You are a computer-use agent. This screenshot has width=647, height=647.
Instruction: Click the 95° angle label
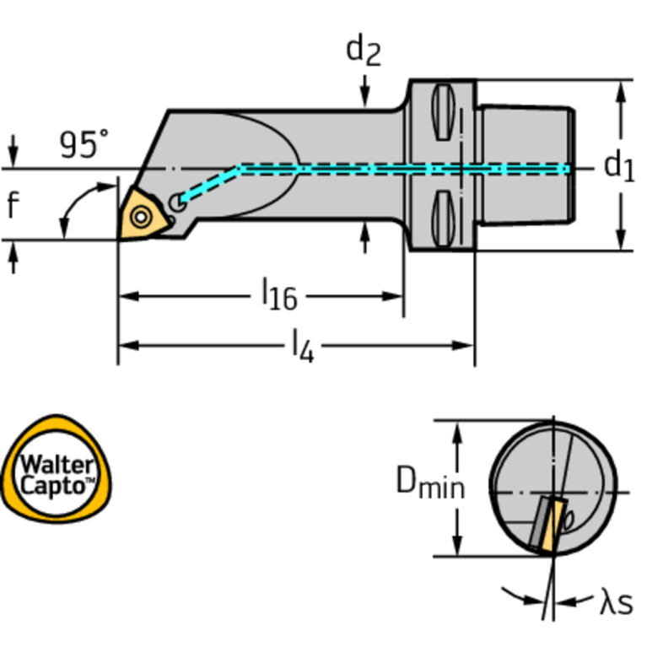click(84, 145)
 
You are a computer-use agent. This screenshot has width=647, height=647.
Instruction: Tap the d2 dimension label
click(364, 51)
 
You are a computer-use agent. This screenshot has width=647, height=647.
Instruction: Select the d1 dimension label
click(619, 166)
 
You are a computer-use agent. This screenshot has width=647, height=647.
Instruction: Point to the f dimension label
click(12, 204)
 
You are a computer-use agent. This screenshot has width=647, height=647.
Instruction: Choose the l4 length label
click(302, 346)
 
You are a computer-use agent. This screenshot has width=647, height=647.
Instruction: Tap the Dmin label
click(430, 484)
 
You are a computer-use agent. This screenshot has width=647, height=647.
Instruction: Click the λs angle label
click(616, 603)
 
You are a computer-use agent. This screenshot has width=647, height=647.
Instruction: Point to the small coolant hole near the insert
click(176, 202)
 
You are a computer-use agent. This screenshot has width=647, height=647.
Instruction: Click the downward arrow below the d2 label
click(364, 89)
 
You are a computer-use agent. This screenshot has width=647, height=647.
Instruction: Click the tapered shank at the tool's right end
click(526, 166)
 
